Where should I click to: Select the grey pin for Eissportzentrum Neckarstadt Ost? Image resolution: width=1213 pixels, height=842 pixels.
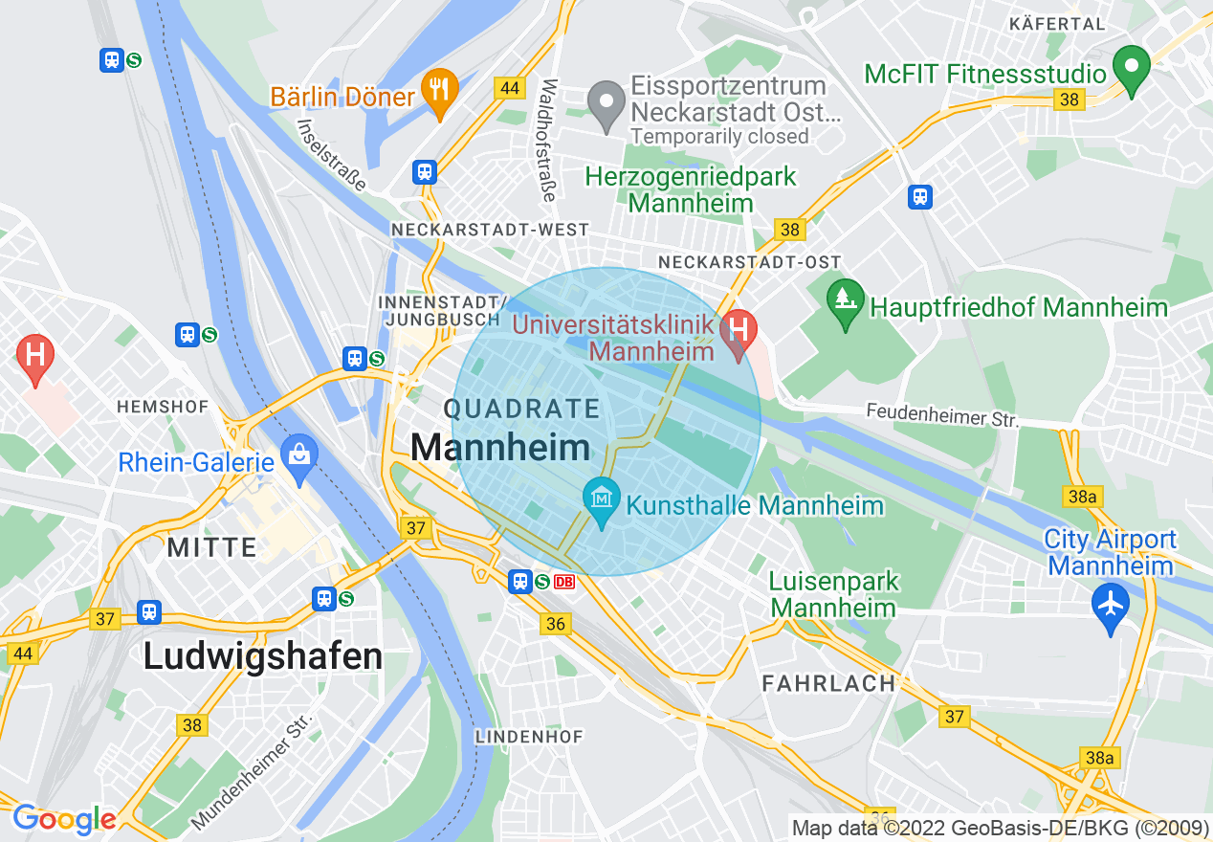coord(606,105)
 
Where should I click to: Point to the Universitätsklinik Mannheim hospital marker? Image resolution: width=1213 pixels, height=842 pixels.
coord(738,333)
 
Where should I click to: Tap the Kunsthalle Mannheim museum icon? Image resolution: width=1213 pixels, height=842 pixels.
coord(602,500)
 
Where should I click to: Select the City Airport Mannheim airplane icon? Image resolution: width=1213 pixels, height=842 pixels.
coord(1111,607)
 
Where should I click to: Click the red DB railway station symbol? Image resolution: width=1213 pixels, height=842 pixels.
coord(564,582)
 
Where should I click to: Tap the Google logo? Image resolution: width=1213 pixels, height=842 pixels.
coord(65,819)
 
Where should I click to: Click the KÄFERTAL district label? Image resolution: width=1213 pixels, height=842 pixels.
coord(1057,24)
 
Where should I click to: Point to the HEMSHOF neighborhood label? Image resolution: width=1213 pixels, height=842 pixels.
coord(163,407)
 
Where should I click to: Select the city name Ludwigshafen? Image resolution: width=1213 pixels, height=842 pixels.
coord(263,656)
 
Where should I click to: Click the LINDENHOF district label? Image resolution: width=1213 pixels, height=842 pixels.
coord(529,737)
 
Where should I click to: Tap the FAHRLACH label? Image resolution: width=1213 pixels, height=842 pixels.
coord(828,683)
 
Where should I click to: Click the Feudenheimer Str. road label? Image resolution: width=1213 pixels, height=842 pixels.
coord(942,415)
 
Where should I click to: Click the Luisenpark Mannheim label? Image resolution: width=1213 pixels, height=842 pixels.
coord(834,594)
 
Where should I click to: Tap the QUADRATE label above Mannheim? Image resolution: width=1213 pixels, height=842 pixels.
coord(521,410)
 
